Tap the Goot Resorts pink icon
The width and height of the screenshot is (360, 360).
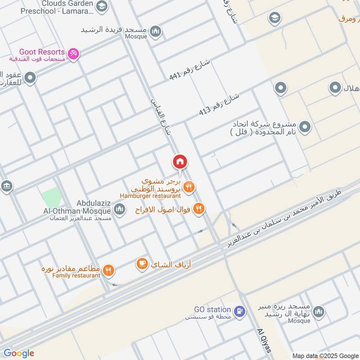click(74, 54)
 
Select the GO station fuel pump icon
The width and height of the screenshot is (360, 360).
click(240, 310)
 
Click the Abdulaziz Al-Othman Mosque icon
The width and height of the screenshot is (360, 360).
click(119, 209)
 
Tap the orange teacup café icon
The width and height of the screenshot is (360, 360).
click(142, 264)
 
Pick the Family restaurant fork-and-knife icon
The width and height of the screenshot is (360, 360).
click(108, 270)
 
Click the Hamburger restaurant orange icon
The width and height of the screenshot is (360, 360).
click(189, 187)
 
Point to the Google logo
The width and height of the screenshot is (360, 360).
click(18, 353)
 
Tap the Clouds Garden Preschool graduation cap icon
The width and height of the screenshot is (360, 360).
click(102, 6)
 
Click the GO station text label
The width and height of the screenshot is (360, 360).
click(212, 310)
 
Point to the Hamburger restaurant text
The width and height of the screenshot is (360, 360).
click(150, 196)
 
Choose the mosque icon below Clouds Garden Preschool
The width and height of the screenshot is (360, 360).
click(155, 31)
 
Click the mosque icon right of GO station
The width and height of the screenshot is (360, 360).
click(319, 311)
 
